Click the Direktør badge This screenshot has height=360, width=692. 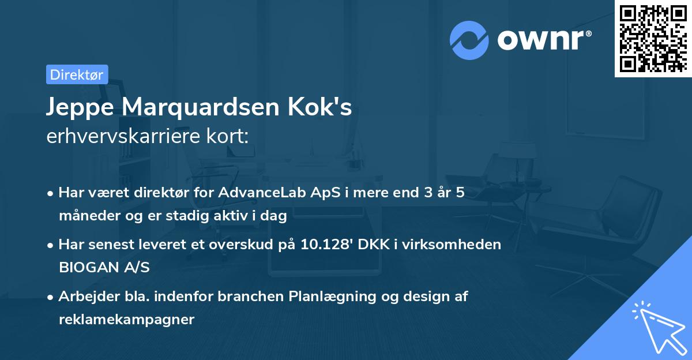pyautogui.click(x=77, y=74)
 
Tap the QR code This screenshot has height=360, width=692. pyautogui.click(x=652, y=38)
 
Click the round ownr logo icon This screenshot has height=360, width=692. pyautogui.click(x=469, y=40)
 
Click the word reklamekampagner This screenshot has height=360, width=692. pyautogui.click(x=126, y=320)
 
